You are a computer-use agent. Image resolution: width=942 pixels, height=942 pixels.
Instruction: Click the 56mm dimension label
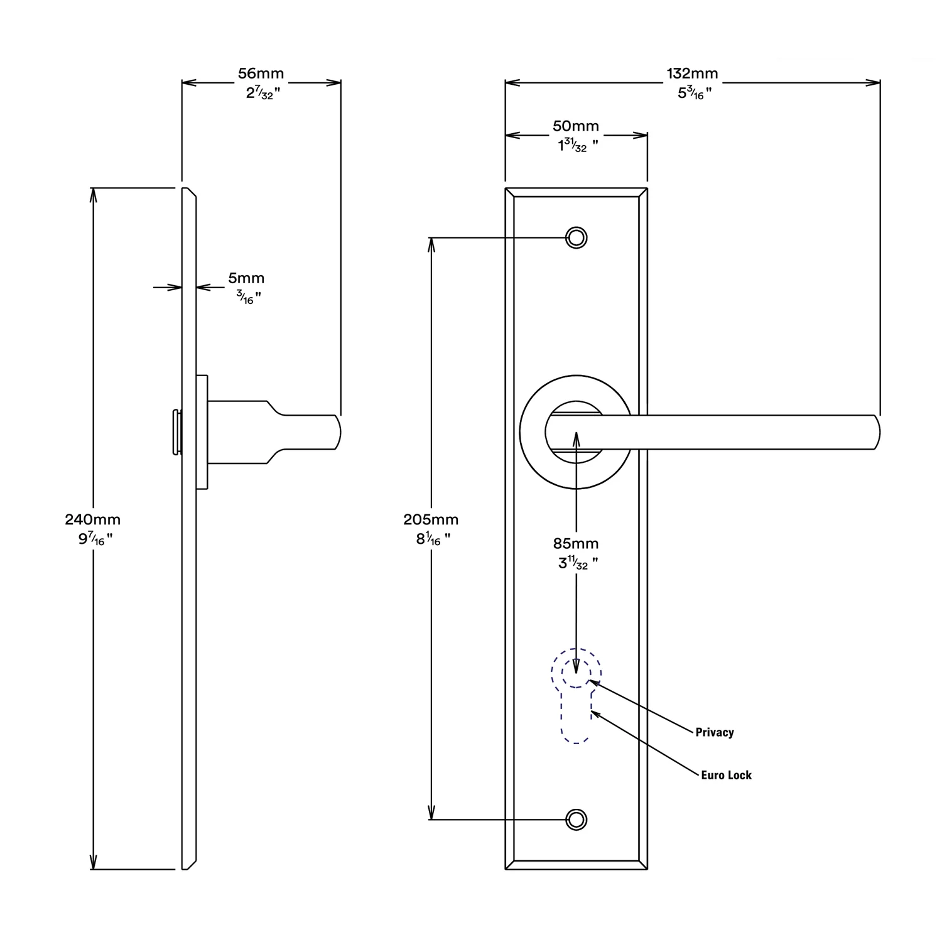261,73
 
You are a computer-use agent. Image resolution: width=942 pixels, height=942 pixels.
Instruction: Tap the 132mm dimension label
692,74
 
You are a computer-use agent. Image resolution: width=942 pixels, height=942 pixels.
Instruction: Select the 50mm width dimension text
576,126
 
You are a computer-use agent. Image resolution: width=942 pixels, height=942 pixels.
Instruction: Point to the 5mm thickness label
246,278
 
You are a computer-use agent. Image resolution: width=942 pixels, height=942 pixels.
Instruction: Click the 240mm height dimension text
93,519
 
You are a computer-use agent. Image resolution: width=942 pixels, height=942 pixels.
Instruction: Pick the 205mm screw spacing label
431,519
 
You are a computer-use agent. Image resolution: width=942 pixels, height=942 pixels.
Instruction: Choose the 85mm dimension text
576,543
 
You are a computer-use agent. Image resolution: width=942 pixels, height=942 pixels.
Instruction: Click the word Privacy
715,732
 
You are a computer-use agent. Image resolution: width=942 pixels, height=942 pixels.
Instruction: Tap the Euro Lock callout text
727,775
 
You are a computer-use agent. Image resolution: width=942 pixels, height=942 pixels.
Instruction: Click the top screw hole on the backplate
577,238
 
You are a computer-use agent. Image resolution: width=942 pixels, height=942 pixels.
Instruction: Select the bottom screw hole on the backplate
577,820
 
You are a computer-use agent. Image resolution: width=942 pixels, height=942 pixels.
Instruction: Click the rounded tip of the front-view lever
877,432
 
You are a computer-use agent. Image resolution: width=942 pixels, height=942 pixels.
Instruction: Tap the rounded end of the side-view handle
338,433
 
